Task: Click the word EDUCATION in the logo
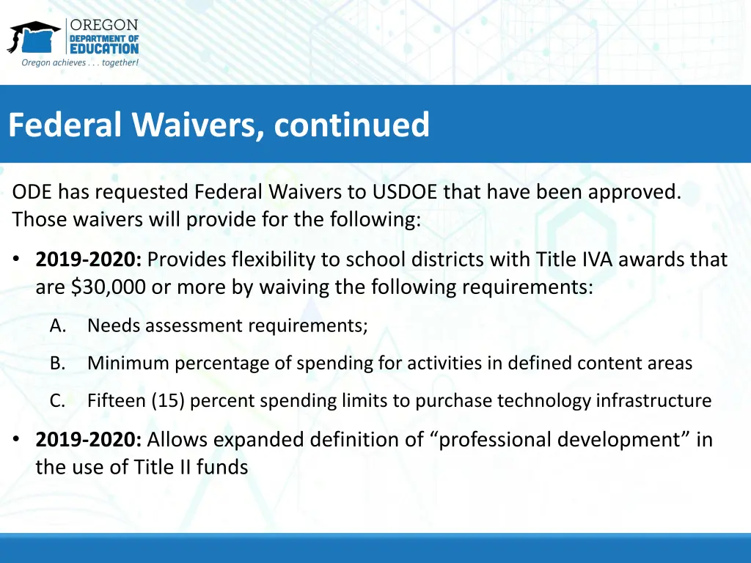pyautogui.click(x=104, y=48)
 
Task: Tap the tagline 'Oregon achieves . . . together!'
pyautogui.click(x=80, y=62)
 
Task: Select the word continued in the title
pyautogui.click(x=351, y=125)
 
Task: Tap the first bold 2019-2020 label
pyautogui.click(x=89, y=260)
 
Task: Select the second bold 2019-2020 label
pyautogui.click(x=89, y=440)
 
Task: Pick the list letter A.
pyautogui.click(x=58, y=325)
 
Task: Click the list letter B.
pyautogui.click(x=58, y=363)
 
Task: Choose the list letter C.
pyautogui.click(x=58, y=401)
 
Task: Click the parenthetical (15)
pyautogui.click(x=169, y=401)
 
